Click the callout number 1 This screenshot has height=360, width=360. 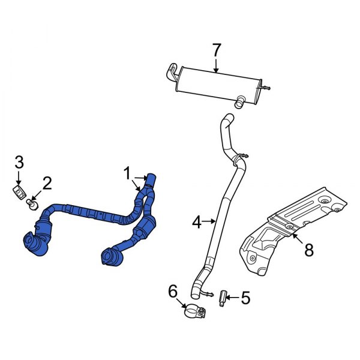click(x=127, y=174)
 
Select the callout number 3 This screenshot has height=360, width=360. click(x=19, y=161)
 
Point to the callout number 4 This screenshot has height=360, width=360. click(x=196, y=223)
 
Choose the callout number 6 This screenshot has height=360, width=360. click(x=173, y=292)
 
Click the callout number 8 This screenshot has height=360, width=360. click(x=308, y=250)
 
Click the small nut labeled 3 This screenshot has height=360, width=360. click(x=19, y=192)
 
